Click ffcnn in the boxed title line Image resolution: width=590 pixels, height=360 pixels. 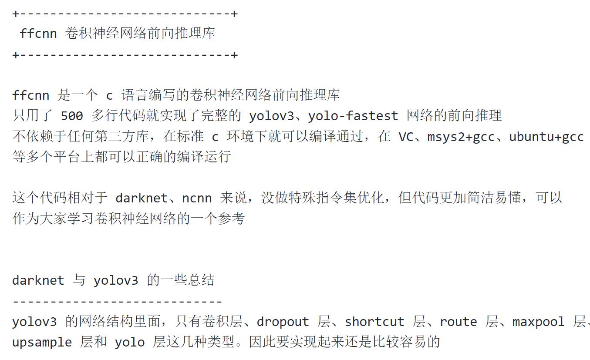point(38,34)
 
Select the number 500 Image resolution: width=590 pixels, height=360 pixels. point(72,116)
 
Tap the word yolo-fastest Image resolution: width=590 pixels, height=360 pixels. point(353,116)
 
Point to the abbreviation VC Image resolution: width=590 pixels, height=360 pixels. point(406,137)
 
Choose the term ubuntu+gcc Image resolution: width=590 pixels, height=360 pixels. point(546,137)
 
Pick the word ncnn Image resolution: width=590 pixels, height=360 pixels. point(197,199)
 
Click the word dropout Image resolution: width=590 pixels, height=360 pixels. point(283,322)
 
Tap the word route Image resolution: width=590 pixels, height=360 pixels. point(459,322)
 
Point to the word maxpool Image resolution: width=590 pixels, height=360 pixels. point(539,322)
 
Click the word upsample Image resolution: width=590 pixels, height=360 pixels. point(42,343)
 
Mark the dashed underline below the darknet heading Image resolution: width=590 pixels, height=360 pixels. point(117,301)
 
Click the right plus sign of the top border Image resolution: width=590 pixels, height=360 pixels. point(235,14)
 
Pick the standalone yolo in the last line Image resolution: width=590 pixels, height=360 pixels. point(130,343)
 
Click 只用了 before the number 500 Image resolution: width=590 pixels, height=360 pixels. point(33,116)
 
